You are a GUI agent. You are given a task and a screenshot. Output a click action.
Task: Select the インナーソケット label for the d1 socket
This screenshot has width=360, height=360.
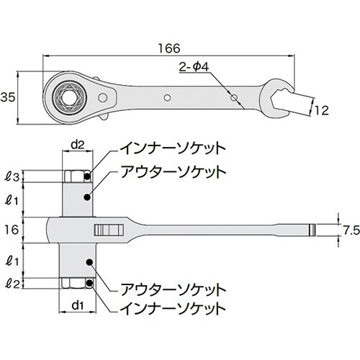coord(169,307)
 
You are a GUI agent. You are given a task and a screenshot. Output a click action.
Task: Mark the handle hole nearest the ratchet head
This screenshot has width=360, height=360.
coord(166,95)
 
